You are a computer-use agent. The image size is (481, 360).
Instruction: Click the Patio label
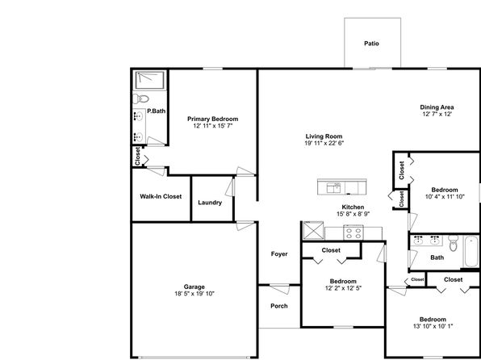pyautogui.click(x=371, y=44)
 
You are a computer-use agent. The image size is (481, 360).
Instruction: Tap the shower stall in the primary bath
pyautogui.click(x=150, y=80)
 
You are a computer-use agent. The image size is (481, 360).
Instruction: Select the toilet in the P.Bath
pyautogui.click(x=140, y=98)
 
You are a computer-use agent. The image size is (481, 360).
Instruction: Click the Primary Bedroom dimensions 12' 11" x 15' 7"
pyautogui.click(x=213, y=126)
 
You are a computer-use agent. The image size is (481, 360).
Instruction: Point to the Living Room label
pyautogui.click(x=324, y=136)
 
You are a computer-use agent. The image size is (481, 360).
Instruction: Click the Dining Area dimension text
pyautogui.click(x=437, y=114)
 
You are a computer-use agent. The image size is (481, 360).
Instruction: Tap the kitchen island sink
pyautogui.click(x=333, y=187)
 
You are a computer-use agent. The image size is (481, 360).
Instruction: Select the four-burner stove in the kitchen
pyautogui.click(x=353, y=232)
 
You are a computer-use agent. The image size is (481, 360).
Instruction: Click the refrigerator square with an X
pyautogui.click(x=313, y=230)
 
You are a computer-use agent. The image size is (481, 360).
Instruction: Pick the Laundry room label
pyautogui.click(x=210, y=203)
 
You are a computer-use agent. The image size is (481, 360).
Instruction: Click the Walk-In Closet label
pyautogui.click(x=161, y=196)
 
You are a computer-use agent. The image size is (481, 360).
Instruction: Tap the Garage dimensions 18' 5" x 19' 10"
pyautogui.click(x=194, y=294)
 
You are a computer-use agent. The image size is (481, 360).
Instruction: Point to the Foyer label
pyautogui.click(x=279, y=253)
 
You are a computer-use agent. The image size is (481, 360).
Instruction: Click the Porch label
pyautogui.click(x=279, y=306)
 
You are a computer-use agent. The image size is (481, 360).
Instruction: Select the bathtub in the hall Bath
pyautogui.click(x=471, y=251)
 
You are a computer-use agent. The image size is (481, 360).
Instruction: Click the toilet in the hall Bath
pyautogui.click(x=453, y=243)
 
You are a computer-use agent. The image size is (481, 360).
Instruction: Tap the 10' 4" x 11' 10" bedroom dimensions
pyautogui.click(x=445, y=197)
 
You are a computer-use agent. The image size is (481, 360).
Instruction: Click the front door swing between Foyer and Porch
pyautogui.click(x=280, y=290)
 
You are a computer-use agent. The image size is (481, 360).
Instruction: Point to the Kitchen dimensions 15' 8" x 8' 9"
pyautogui.click(x=353, y=214)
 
